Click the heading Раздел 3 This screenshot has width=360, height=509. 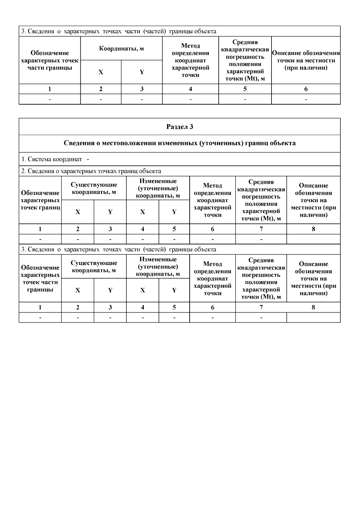pyautogui.click(x=180, y=127)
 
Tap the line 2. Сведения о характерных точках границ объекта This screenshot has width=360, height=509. pyautogui.click(x=91, y=171)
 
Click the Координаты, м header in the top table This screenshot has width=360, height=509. pyautogui.click(x=121, y=49)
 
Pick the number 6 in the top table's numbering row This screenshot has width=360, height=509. pyautogui.click(x=306, y=89)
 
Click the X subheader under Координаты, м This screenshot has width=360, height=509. pyautogui.click(x=101, y=72)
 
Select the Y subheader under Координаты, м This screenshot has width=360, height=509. pyautogui.click(x=142, y=72)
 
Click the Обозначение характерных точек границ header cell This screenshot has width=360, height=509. pyautogui.click(x=40, y=200)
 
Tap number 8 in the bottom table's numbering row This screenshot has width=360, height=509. pyautogui.click(x=313, y=307)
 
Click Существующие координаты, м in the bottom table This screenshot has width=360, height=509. pyautogui.click(x=94, y=266)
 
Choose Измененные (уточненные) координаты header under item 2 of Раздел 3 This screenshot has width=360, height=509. pyautogui.click(x=158, y=188)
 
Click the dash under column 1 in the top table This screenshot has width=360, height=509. pyautogui.click(x=50, y=99)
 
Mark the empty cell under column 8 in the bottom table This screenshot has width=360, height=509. pyautogui.click(x=313, y=317)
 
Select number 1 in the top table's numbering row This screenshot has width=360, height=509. pyautogui.click(x=50, y=89)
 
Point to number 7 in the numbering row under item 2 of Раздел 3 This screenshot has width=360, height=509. pyautogui.click(x=261, y=229)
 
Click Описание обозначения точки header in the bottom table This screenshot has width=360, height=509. pyautogui.click(x=313, y=278)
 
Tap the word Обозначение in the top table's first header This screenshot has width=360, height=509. pyautogui.click(x=50, y=53)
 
